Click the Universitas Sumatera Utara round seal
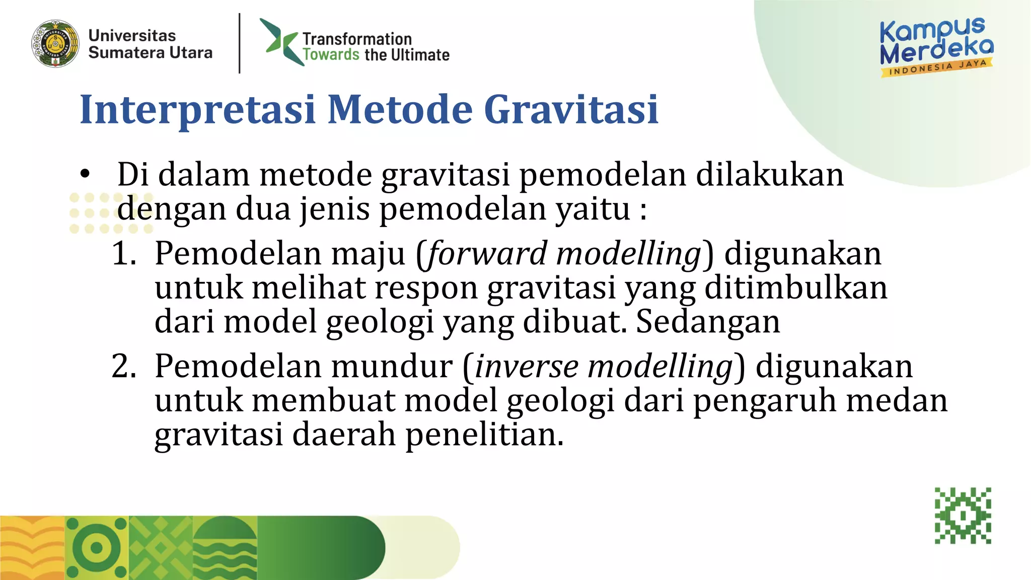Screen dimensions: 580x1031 click(x=55, y=44)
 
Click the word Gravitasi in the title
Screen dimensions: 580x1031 click(x=571, y=109)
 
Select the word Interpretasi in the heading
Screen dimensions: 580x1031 click(x=197, y=109)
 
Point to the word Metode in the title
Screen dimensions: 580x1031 click(x=400, y=109)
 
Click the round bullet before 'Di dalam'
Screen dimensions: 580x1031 click(x=85, y=174)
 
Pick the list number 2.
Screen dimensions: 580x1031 click(x=124, y=366)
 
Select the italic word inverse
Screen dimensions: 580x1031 click(x=527, y=366)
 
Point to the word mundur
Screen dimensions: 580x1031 click(x=391, y=366)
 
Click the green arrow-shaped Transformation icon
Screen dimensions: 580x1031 click(x=280, y=41)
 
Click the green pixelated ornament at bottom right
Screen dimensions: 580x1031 click(x=963, y=516)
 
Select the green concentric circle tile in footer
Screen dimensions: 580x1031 click(x=97, y=548)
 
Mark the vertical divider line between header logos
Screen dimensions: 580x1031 click(x=239, y=43)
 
